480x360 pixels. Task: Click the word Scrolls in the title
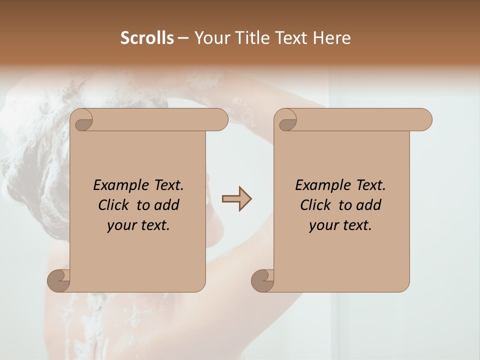click(147, 38)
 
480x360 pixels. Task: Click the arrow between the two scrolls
click(236, 199)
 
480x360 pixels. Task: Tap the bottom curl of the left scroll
click(59, 280)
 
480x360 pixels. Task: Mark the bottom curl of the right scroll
click(262, 280)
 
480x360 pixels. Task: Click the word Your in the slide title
click(212, 38)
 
